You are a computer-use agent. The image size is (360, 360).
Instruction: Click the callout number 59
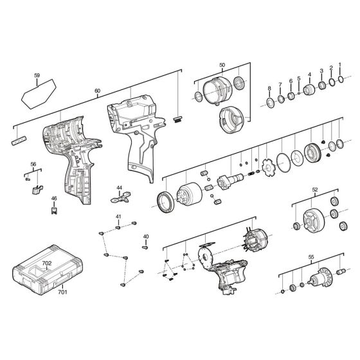pos(37,76)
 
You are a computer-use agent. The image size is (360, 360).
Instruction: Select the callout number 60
pos(97,91)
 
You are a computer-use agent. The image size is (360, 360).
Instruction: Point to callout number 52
pos(314,190)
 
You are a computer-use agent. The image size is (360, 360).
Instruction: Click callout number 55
pos(311,257)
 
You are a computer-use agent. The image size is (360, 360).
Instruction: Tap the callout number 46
pos(54,199)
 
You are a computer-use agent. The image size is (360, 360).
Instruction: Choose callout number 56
pos(33,165)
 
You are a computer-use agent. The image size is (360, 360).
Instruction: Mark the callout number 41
pos(118,217)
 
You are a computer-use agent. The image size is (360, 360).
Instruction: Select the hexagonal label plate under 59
pos(37,95)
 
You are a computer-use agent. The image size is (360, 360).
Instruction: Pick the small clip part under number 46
pos(55,209)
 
